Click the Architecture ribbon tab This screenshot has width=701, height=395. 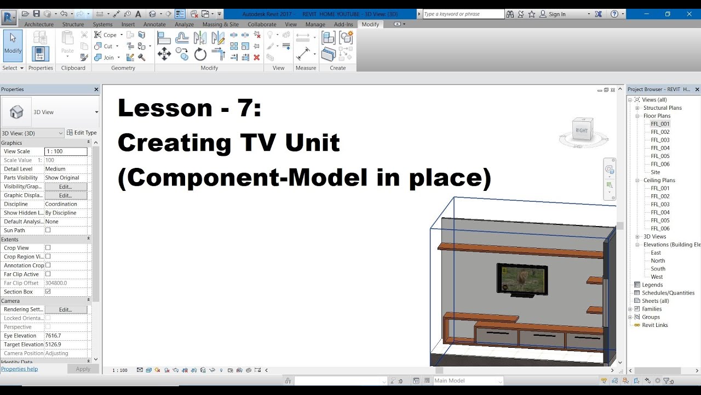(x=39, y=24)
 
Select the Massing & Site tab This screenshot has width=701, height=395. (x=220, y=24)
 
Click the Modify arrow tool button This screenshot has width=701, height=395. (x=13, y=45)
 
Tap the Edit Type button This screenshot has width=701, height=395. (x=82, y=133)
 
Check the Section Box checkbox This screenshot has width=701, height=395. (x=48, y=292)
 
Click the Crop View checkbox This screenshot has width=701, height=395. (x=48, y=248)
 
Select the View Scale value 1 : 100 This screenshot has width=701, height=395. (x=66, y=151)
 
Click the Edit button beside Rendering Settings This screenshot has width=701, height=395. (x=66, y=309)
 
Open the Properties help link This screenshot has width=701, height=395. (x=20, y=369)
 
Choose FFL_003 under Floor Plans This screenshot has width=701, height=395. (x=660, y=140)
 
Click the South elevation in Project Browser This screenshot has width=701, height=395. (x=658, y=269)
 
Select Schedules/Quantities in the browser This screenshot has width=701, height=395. (x=668, y=293)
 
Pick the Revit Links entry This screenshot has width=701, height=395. (x=655, y=325)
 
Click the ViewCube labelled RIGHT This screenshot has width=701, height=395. (x=581, y=131)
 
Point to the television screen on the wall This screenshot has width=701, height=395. (x=521, y=279)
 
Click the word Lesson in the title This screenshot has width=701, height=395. (x=165, y=108)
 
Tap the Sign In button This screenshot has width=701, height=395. (x=557, y=14)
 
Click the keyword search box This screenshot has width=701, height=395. (x=461, y=14)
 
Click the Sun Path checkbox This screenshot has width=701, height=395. (x=48, y=230)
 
